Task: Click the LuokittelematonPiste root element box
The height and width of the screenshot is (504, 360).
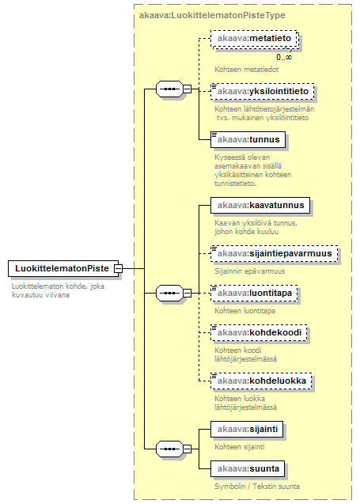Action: coord(63,268)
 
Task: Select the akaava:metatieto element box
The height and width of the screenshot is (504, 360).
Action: coord(255,39)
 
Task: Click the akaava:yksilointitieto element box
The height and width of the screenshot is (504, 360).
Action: coord(263,91)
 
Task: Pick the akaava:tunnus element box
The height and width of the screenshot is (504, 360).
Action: coord(248,139)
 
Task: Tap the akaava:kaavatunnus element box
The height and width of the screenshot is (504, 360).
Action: coord(260,205)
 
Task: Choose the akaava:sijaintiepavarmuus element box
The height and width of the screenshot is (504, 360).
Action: coord(275,254)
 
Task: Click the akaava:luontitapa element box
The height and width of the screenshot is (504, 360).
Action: coord(254,293)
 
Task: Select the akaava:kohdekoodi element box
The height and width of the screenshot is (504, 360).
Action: coord(259,332)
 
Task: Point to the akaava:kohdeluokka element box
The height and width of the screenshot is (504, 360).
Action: coord(261,381)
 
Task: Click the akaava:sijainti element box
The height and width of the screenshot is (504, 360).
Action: coord(247,429)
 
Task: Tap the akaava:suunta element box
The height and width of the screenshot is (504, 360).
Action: coord(248,468)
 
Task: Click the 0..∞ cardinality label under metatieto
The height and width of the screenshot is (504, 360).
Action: coord(284,57)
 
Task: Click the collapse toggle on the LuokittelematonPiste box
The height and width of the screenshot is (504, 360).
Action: coord(119,268)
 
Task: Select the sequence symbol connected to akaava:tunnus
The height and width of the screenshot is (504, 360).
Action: coord(169,89)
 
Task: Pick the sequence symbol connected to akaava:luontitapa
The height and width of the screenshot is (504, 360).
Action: coord(169,293)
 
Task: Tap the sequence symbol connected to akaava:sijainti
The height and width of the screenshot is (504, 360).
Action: coord(169,449)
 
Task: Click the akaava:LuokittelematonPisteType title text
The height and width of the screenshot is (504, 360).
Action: coord(212,16)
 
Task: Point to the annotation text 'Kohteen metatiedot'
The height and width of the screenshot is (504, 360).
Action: coord(247,70)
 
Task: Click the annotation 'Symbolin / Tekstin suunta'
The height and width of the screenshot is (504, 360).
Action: coord(257,487)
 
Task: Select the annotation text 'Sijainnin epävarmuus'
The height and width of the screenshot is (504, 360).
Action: coord(250,271)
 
